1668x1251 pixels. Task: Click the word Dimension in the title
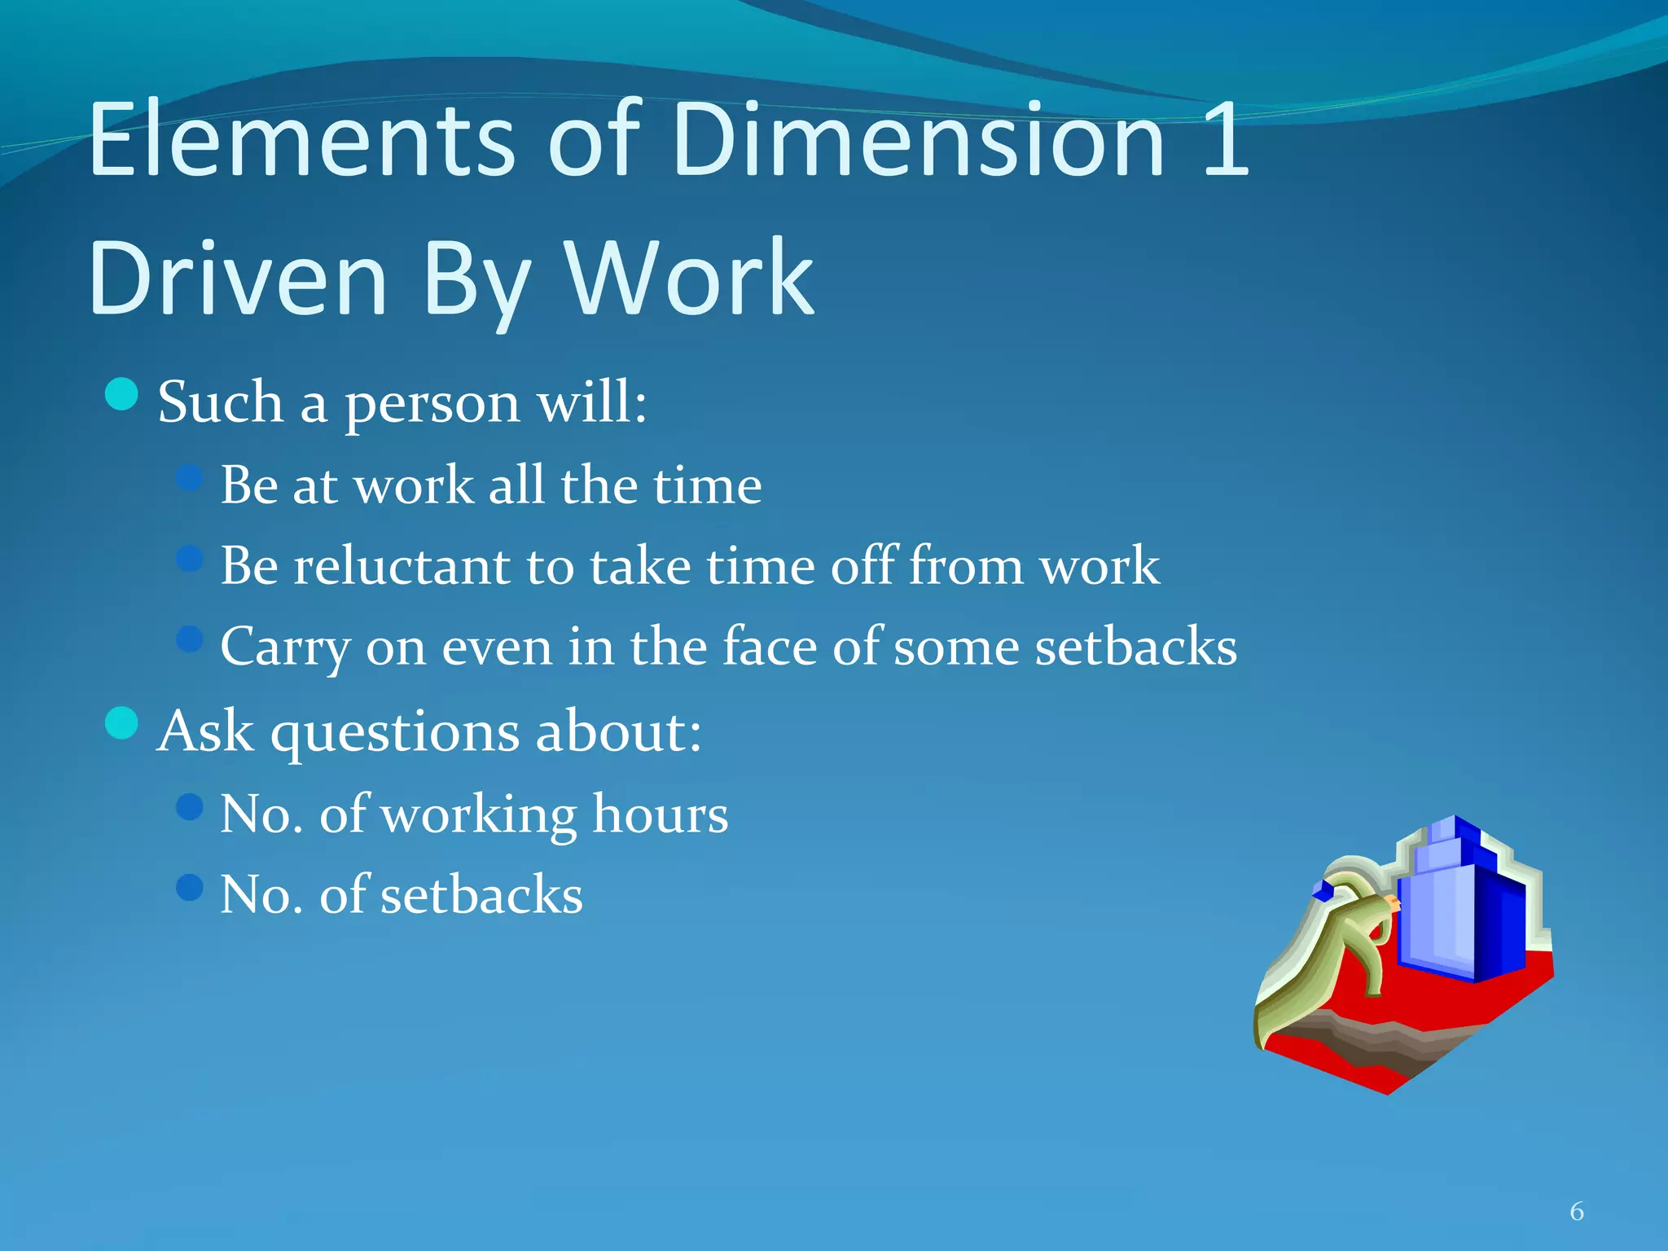coord(919,140)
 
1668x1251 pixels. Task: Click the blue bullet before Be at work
coord(189,476)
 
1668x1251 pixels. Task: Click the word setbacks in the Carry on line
coord(1135,647)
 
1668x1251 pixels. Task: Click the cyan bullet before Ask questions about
coord(122,722)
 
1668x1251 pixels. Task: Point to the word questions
coord(395,732)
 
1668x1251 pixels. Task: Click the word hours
coord(660,814)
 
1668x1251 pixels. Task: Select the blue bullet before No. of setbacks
coord(189,887)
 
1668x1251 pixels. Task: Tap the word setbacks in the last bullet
coord(481,895)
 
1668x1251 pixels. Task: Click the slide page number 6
coord(1577,1212)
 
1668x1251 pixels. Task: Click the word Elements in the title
coord(301,140)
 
